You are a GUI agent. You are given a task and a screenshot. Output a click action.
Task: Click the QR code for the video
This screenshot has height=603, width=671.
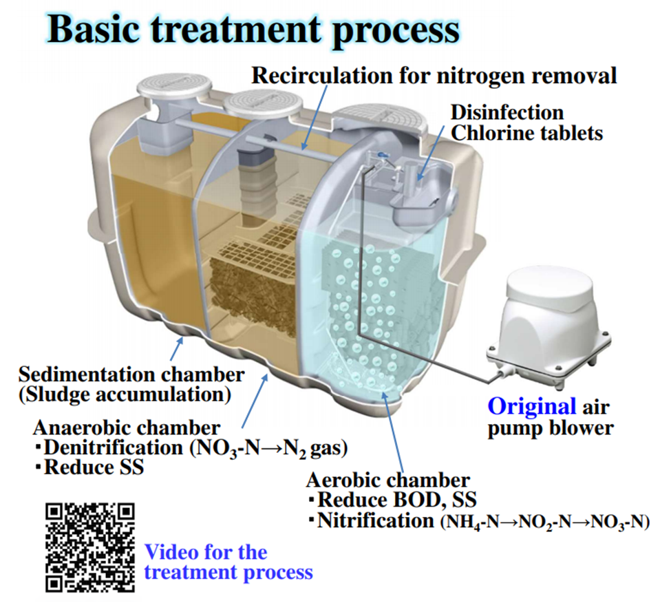point(89,547)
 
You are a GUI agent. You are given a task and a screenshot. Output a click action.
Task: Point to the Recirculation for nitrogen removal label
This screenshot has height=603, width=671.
point(434,75)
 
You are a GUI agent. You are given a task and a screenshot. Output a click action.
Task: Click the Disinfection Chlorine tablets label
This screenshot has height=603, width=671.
point(526,122)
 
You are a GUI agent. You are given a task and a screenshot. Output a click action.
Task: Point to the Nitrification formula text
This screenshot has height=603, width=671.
point(482,521)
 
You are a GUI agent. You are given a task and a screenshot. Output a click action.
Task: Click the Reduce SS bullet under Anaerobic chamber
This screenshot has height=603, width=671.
point(92,467)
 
